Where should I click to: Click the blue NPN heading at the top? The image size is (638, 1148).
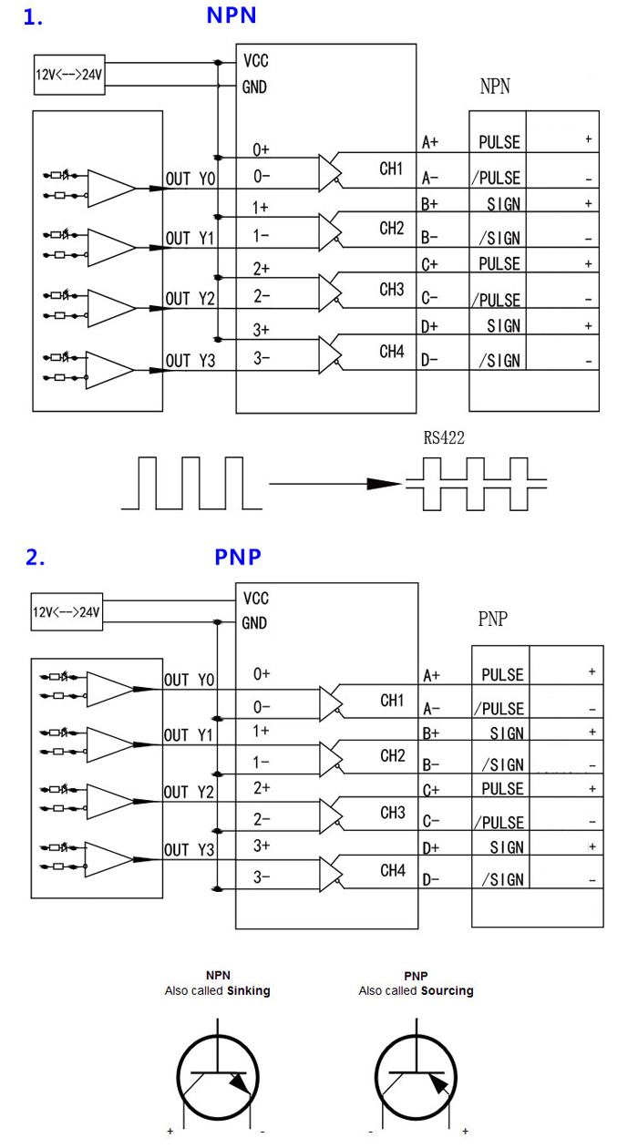[232, 15]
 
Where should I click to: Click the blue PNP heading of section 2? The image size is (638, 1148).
[238, 557]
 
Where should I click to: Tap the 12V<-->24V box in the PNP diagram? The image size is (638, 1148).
[66, 612]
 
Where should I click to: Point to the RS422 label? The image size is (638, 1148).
[444, 438]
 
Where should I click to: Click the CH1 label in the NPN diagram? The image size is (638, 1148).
[391, 169]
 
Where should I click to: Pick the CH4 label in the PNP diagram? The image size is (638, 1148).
[392, 871]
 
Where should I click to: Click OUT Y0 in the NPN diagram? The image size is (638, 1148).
[190, 179]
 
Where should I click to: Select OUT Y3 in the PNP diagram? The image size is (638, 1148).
[189, 851]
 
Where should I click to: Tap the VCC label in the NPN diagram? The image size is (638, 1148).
[256, 61]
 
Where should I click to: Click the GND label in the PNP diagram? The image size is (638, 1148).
[254, 624]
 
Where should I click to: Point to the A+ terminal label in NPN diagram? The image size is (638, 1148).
[431, 142]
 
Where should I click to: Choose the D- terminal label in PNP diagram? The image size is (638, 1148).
[432, 880]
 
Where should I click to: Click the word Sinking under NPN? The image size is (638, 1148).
[249, 990]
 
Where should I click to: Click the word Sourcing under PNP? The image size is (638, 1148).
[447, 990]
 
